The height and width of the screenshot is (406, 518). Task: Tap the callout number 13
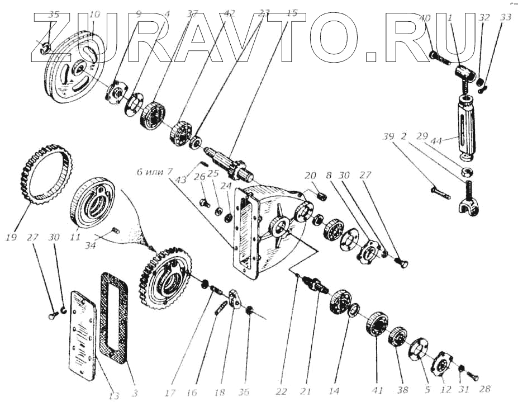[x=114, y=395]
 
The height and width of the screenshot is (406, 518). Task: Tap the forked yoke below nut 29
[x=467, y=207]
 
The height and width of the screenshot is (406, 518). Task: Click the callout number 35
[x=53, y=15]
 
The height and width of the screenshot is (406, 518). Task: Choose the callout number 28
[x=486, y=389]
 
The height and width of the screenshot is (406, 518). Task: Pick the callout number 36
[x=244, y=392]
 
